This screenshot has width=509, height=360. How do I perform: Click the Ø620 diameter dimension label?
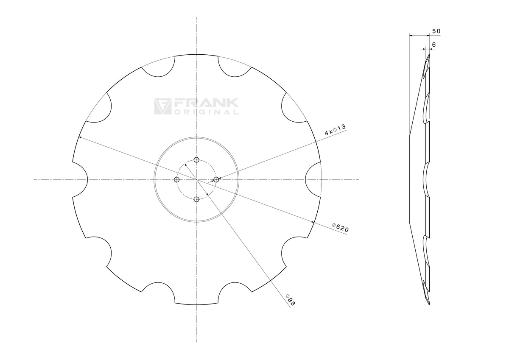coord(340,228)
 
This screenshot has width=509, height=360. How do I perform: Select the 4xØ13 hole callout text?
coord(335,129)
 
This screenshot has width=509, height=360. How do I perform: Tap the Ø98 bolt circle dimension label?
coord(290,300)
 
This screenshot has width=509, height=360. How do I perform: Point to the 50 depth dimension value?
coord(436,31)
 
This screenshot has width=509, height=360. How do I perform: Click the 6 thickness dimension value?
coord(434,45)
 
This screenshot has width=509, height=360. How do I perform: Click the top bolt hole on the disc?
coord(196,160)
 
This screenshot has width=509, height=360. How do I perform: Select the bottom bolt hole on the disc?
coord(196,200)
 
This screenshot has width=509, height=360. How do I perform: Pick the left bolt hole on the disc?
coord(176,180)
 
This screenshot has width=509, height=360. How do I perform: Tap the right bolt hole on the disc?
coord(216,180)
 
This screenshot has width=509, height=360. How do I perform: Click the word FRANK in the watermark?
coord(206,103)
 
